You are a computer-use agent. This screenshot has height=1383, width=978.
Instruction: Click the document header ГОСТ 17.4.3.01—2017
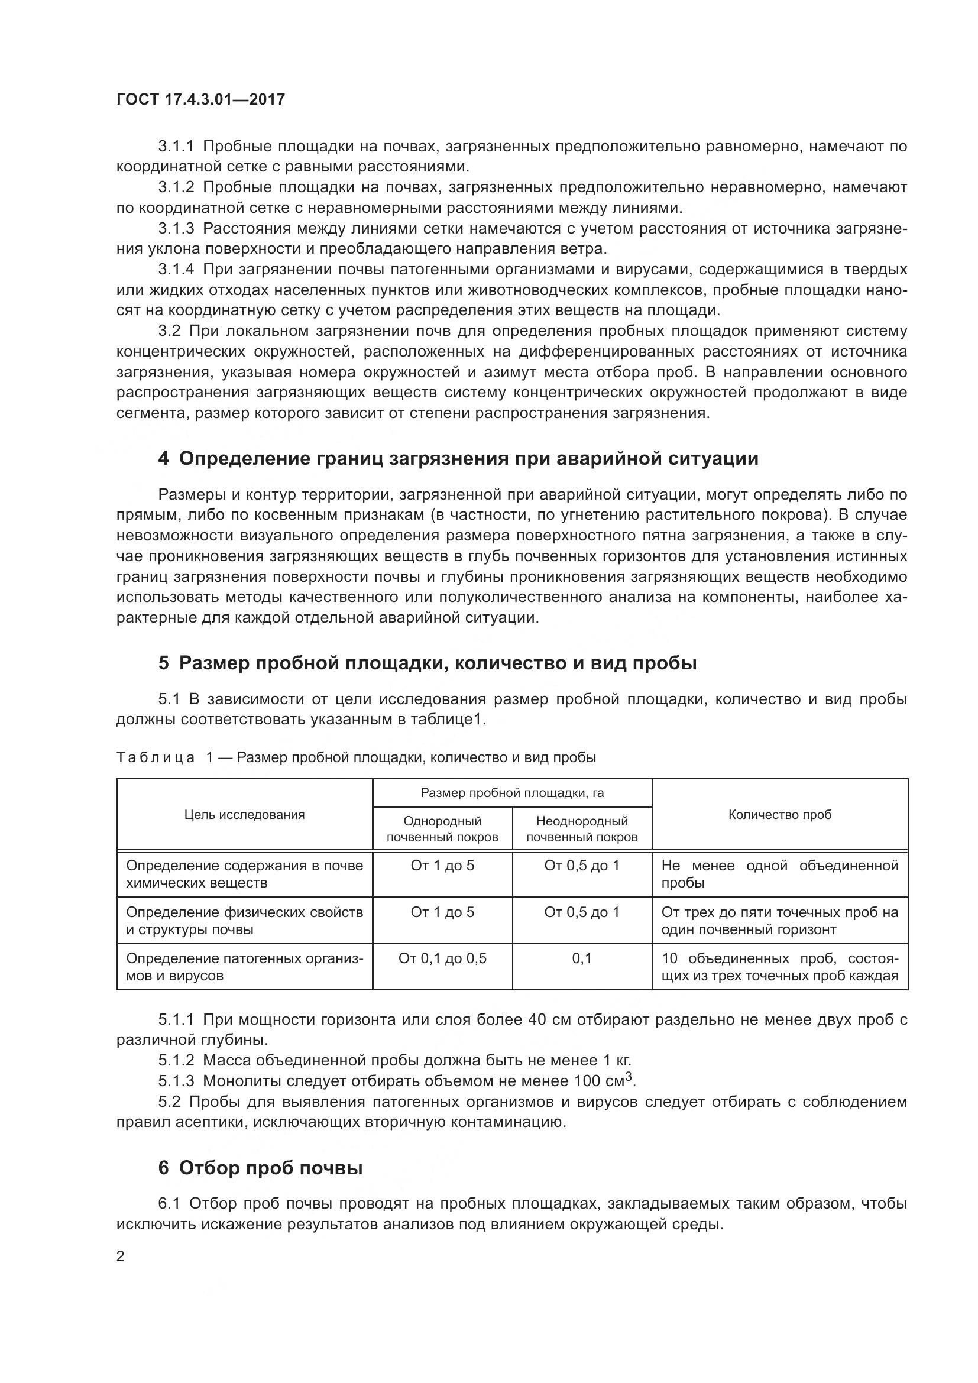pyautogui.click(x=200, y=99)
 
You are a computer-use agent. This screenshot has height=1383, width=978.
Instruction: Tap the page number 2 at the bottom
pyautogui.click(x=121, y=1256)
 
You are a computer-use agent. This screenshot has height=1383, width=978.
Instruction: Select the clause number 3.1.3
pyautogui.click(x=176, y=228)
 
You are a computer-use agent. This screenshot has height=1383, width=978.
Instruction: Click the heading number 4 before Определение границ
pyautogui.click(x=163, y=458)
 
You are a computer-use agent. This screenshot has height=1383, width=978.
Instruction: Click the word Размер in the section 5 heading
pyautogui.click(x=214, y=663)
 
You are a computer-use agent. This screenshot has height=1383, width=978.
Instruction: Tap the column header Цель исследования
pyautogui.click(x=245, y=814)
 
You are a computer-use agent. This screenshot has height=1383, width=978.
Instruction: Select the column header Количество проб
pyautogui.click(x=780, y=814)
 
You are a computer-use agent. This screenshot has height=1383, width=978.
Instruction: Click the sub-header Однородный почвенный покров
pyautogui.click(x=443, y=829)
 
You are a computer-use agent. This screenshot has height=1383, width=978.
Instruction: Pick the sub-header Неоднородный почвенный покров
pyautogui.click(x=582, y=829)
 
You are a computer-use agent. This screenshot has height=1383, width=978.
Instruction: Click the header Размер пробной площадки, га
pyautogui.click(x=512, y=793)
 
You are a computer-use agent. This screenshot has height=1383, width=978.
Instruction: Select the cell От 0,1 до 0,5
pyautogui.click(x=443, y=958)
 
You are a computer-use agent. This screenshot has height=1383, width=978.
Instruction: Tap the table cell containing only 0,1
pyautogui.click(x=582, y=958)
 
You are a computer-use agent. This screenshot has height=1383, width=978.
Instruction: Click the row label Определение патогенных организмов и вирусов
pyautogui.click(x=245, y=966)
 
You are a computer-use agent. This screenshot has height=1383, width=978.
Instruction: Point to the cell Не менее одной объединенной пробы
pyautogui.click(x=780, y=873)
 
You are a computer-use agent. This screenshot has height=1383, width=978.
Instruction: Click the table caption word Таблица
pyautogui.click(x=156, y=757)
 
